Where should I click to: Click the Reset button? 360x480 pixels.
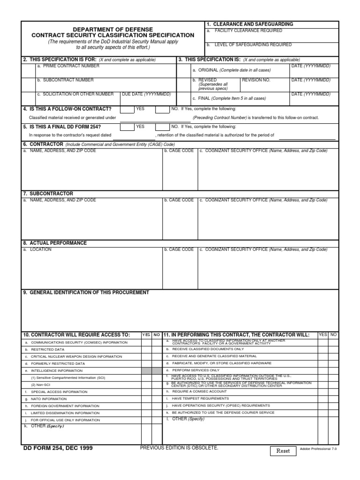[x=283, y=451]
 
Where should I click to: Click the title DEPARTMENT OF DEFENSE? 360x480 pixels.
[x=112, y=29]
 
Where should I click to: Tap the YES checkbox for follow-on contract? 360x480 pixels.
[x=127, y=110]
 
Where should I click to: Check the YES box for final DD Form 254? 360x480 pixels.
[x=127, y=127]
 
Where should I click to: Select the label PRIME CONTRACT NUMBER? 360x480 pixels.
[x=68, y=67]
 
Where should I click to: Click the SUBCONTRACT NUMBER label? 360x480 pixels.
[x=65, y=80]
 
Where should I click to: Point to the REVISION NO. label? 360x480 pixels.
[x=256, y=80]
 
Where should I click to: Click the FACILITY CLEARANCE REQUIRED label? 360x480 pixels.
[x=248, y=30]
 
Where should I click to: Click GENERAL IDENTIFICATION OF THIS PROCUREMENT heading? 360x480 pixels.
[x=86, y=292]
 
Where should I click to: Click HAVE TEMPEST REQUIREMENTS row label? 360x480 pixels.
[x=200, y=398]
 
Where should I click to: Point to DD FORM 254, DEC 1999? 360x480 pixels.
[x=58, y=448]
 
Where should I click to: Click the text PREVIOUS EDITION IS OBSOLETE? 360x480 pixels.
[x=179, y=448]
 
